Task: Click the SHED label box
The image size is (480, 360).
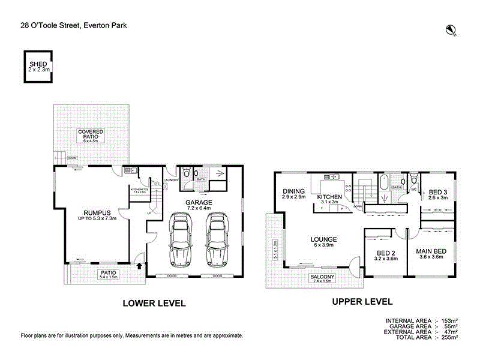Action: (37, 67)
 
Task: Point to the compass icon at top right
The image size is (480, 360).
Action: (451, 29)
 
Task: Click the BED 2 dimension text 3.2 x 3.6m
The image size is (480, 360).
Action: (385, 259)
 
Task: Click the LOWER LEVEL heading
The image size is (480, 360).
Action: (154, 303)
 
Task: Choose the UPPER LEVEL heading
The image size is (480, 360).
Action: (362, 302)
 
